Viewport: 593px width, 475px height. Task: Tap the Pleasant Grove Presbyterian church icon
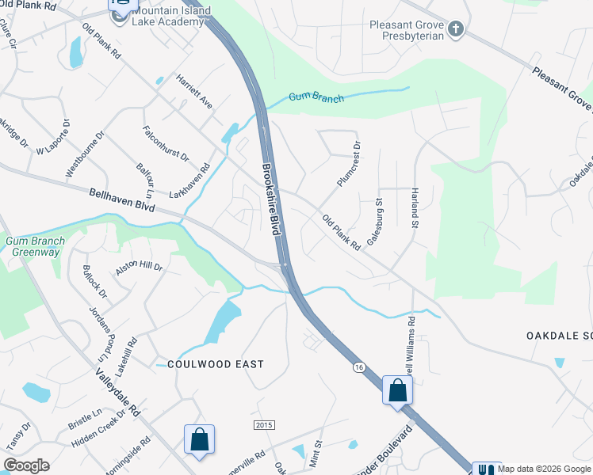click(455, 30)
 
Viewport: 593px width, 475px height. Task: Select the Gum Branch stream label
click(316, 98)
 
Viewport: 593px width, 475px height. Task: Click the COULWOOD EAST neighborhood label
click(215, 363)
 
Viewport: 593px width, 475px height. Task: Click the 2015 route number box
click(264, 425)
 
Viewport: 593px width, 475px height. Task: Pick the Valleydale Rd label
click(117, 393)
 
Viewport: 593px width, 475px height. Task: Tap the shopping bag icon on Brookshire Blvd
click(397, 389)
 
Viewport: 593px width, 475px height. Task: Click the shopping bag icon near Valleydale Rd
click(199, 439)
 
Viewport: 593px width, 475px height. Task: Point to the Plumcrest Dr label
click(348, 164)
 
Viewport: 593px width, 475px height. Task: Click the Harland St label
click(414, 208)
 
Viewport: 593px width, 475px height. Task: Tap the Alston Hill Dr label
click(139, 268)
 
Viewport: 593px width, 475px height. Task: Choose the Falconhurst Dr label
click(165, 143)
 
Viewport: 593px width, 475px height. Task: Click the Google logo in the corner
click(27, 465)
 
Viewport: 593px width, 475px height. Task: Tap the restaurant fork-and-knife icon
click(485, 469)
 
